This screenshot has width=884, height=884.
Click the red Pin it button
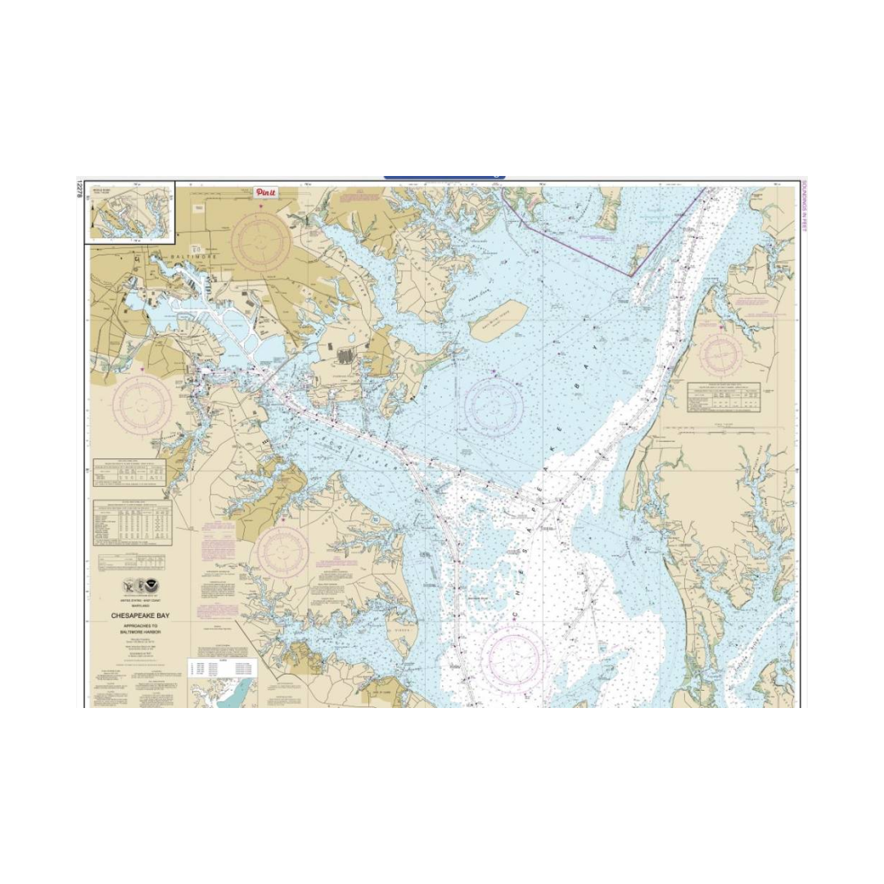click(x=266, y=192)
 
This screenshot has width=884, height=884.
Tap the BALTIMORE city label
click(x=194, y=256)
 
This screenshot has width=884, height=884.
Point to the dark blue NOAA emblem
click(x=145, y=587)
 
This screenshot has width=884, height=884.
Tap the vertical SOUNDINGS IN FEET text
click(x=804, y=206)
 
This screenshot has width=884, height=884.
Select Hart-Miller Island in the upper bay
click(x=498, y=319)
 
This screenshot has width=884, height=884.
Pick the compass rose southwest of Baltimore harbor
click(x=142, y=405)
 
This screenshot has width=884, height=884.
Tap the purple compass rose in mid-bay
click(x=494, y=406)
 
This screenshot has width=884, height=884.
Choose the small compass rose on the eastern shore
click(x=721, y=354)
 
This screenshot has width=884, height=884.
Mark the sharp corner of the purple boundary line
click(x=630, y=276)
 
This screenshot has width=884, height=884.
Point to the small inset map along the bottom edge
click(x=223, y=692)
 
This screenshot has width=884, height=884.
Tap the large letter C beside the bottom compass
click(x=516, y=615)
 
